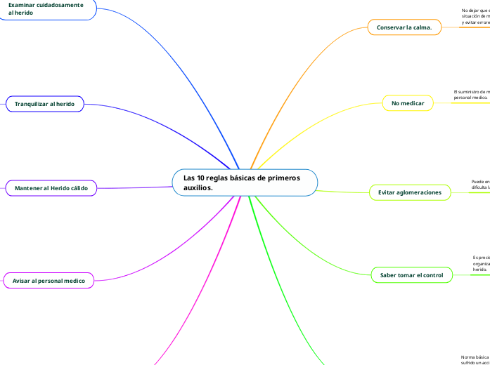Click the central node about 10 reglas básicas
[x=245, y=182]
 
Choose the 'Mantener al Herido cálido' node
[x=51, y=188]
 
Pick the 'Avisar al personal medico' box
[x=49, y=281]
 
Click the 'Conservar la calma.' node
[x=404, y=27]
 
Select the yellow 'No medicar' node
[x=408, y=104]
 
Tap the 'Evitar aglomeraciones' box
[x=410, y=192]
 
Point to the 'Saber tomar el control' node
[x=411, y=276]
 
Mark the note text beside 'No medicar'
[x=472, y=94]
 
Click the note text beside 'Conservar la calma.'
[x=475, y=16]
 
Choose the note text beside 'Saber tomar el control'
[x=481, y=263]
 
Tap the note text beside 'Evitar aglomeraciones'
[x=480, y=185]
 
